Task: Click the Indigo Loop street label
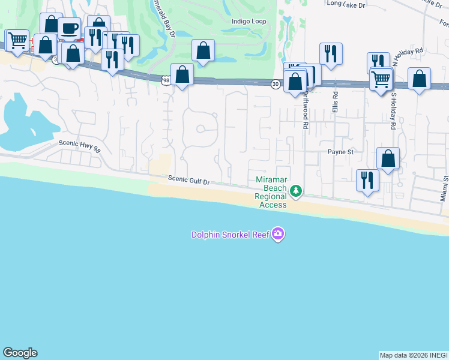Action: click(x=249, y=21)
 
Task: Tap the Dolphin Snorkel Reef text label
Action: click(x=230, y=235)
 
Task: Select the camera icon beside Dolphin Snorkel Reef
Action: click(x=277, y=233)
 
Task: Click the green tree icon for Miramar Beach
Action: click(x=295, y=191)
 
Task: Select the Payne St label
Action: click(x=340, y=152)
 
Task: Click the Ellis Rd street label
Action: click(x=335, y=103)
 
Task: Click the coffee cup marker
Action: click(x=69, y=28)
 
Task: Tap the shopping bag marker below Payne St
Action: click(x=388, y=159)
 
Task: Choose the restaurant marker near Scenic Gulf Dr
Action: click(x=367, y=180)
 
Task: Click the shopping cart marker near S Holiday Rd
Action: click(x=381, y=79)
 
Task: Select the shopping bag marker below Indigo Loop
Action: click(x=203, y=50)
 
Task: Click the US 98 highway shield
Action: click(x=165, y=79)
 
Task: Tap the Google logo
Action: click(x=20, y=353)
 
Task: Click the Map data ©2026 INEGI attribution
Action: click(x=412, y=355)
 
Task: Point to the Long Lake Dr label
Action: click(x=346, y=4)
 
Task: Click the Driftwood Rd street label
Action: click(x=305, y=114)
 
